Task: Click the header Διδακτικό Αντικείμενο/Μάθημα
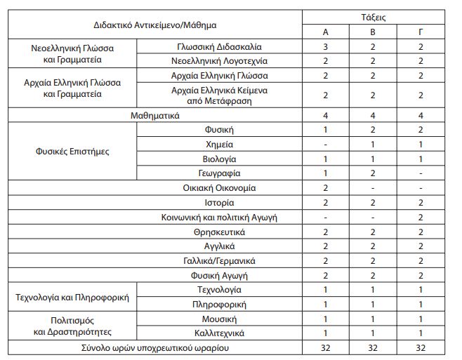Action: tap(156, 25)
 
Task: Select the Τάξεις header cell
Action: tap(373, 17)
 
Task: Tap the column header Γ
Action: tap(420, 32)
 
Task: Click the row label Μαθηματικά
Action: tap(156, 115)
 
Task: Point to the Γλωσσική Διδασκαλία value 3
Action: tap(326, 46)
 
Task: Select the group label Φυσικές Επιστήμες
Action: tap(73, 151)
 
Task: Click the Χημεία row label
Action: tap(219, 144)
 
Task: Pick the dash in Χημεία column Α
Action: tap(326, 144)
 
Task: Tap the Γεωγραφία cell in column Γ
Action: tap(420, 173)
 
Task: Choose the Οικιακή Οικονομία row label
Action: tap(219, 187)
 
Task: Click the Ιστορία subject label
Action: tap(219, 202)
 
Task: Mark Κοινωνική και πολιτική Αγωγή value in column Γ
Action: tap(420, 217)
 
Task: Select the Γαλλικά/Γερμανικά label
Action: tap(219, 260)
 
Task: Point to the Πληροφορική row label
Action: tap(219, 304)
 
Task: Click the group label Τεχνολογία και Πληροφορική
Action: tap(73, 297)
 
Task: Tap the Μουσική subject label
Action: tap(219, 319)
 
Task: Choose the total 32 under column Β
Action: tap(373, 347)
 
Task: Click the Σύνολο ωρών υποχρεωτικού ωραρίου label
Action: tap(156, 347)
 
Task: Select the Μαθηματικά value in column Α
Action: tap(326, 115)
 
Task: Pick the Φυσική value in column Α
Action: tap(326, 130)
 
